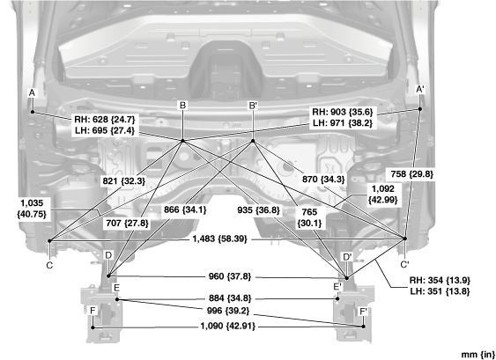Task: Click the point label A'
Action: tap(419, 90)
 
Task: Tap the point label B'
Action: tap(253, 106)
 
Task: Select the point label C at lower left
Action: tap(49, 265)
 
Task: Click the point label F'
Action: tap(364, 312)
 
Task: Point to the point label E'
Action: tap(337, 287)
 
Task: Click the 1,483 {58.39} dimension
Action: tap(220, 239)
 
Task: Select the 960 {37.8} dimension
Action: tap(230, 276)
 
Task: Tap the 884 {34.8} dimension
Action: tap(230, 298)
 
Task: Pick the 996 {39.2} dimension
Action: tap(228, 311)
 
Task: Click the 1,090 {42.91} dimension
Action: tap(228, 326)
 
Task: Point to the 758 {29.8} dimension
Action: tap(411, 174)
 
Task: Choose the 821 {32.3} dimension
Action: tap(124, 180)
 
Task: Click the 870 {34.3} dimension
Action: tap(323, 180)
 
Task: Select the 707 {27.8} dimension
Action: tap(127, 224)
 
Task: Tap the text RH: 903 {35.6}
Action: tap(343, 112)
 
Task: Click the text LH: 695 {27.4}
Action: tap(105, 130)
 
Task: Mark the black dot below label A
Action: tap(33, 112)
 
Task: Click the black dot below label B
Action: tap(182, 141)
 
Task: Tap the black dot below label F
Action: tap(93, 327)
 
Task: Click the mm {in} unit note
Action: tap(478, 355)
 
